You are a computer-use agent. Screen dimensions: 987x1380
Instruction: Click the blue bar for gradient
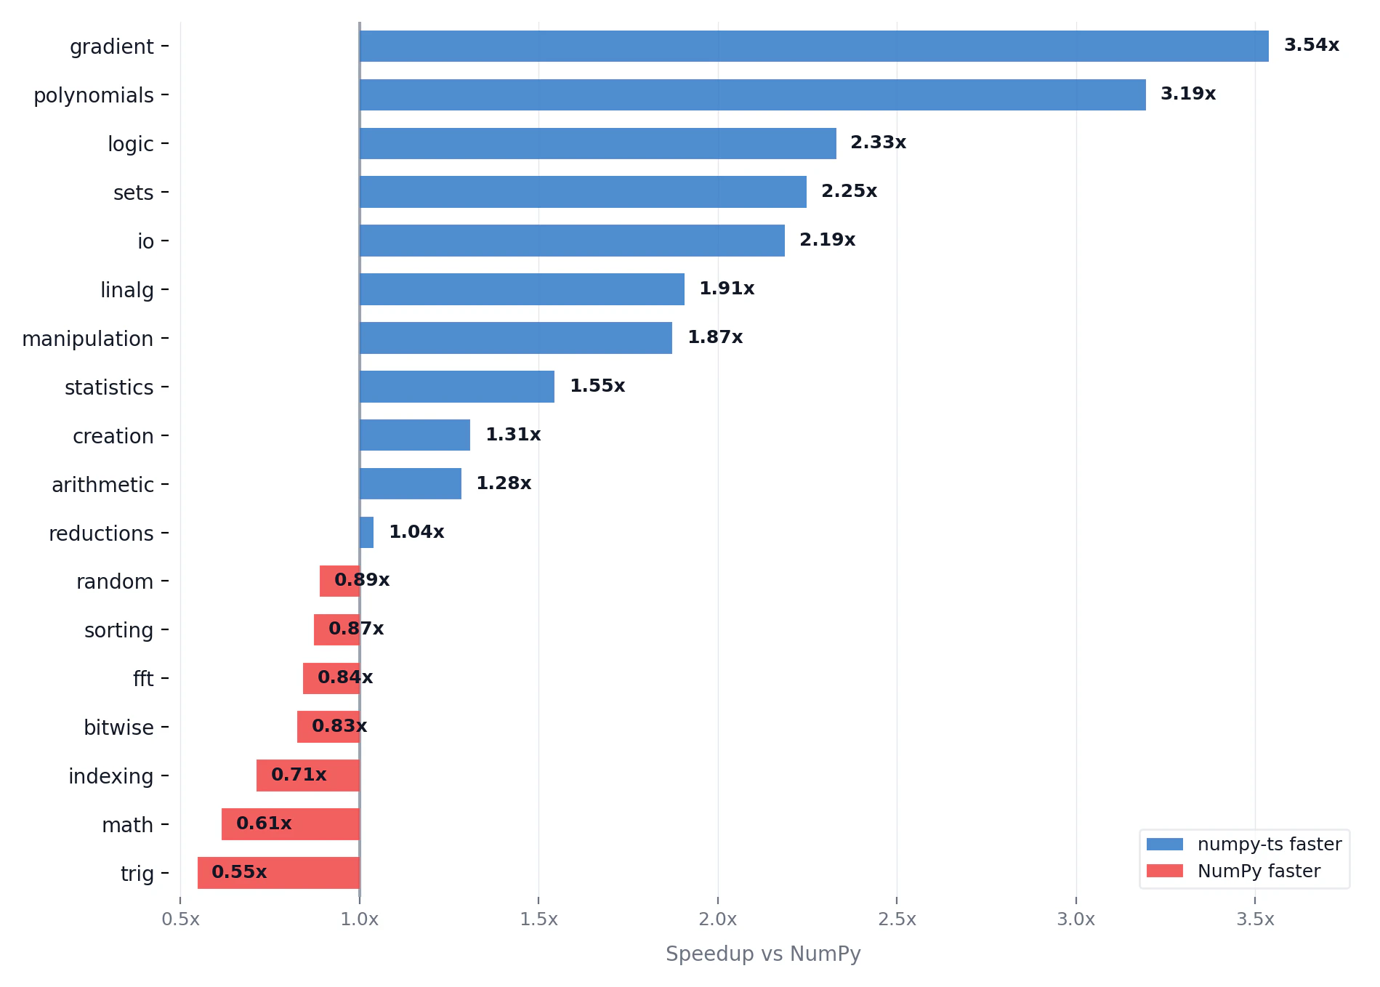(x=814, y=46)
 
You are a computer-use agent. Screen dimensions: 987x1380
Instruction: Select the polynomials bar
(x=752, y=94)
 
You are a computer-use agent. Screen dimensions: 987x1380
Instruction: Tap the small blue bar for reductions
(x=366, y=532)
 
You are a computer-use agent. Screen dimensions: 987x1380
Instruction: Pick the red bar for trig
(x=278, y=873)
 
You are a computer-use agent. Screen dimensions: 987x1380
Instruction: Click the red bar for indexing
(x=308, y=775)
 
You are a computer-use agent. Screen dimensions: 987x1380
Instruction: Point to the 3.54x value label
(x=1311, y=45)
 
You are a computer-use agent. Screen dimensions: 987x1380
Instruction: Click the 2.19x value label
(x=827, y=240)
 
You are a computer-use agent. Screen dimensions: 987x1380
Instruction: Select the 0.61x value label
(x=264, y=823)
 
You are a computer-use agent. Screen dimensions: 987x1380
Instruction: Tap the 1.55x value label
(x=597, y=386)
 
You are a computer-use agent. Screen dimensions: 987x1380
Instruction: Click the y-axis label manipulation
(x=87, y=339)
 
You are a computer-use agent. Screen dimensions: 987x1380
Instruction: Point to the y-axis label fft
(x=143, y=679)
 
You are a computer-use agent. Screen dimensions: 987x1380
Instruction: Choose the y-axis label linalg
(x=127, y=290)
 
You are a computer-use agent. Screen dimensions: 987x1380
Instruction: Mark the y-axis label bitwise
(x=118, y=728)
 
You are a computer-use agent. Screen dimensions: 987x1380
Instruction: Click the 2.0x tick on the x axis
(x=717, y=919)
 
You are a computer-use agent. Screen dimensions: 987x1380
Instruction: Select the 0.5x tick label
(x=180, y=919)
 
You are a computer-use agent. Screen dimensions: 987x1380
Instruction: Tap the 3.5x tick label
(x=1255, y=919)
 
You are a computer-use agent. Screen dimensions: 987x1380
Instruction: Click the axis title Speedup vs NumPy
(x=763, y=954)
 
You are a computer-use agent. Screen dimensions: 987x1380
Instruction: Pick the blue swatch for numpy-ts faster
(x=1164, y=844)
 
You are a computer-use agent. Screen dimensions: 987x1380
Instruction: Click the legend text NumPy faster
(x=1259, y=871)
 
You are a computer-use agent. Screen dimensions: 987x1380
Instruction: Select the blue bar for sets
(x=583, y=192)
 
